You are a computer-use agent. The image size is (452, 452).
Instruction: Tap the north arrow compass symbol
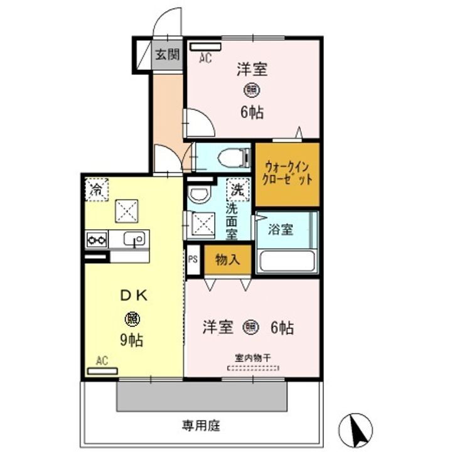[x=355, y=431]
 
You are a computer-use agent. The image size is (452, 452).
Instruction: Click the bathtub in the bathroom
[x=286, y=260]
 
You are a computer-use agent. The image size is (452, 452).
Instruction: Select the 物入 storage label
[x=227, y=260]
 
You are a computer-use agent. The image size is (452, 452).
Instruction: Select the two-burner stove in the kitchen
[x=97, y=239]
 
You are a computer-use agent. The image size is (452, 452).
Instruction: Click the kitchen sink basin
[x=134, y=239]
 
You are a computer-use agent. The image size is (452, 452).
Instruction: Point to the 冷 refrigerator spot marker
[x=97, y=189]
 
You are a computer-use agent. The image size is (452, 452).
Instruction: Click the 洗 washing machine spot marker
[x=238, y=189]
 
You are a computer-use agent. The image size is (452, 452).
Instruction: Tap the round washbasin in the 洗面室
[x=200, y=195]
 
